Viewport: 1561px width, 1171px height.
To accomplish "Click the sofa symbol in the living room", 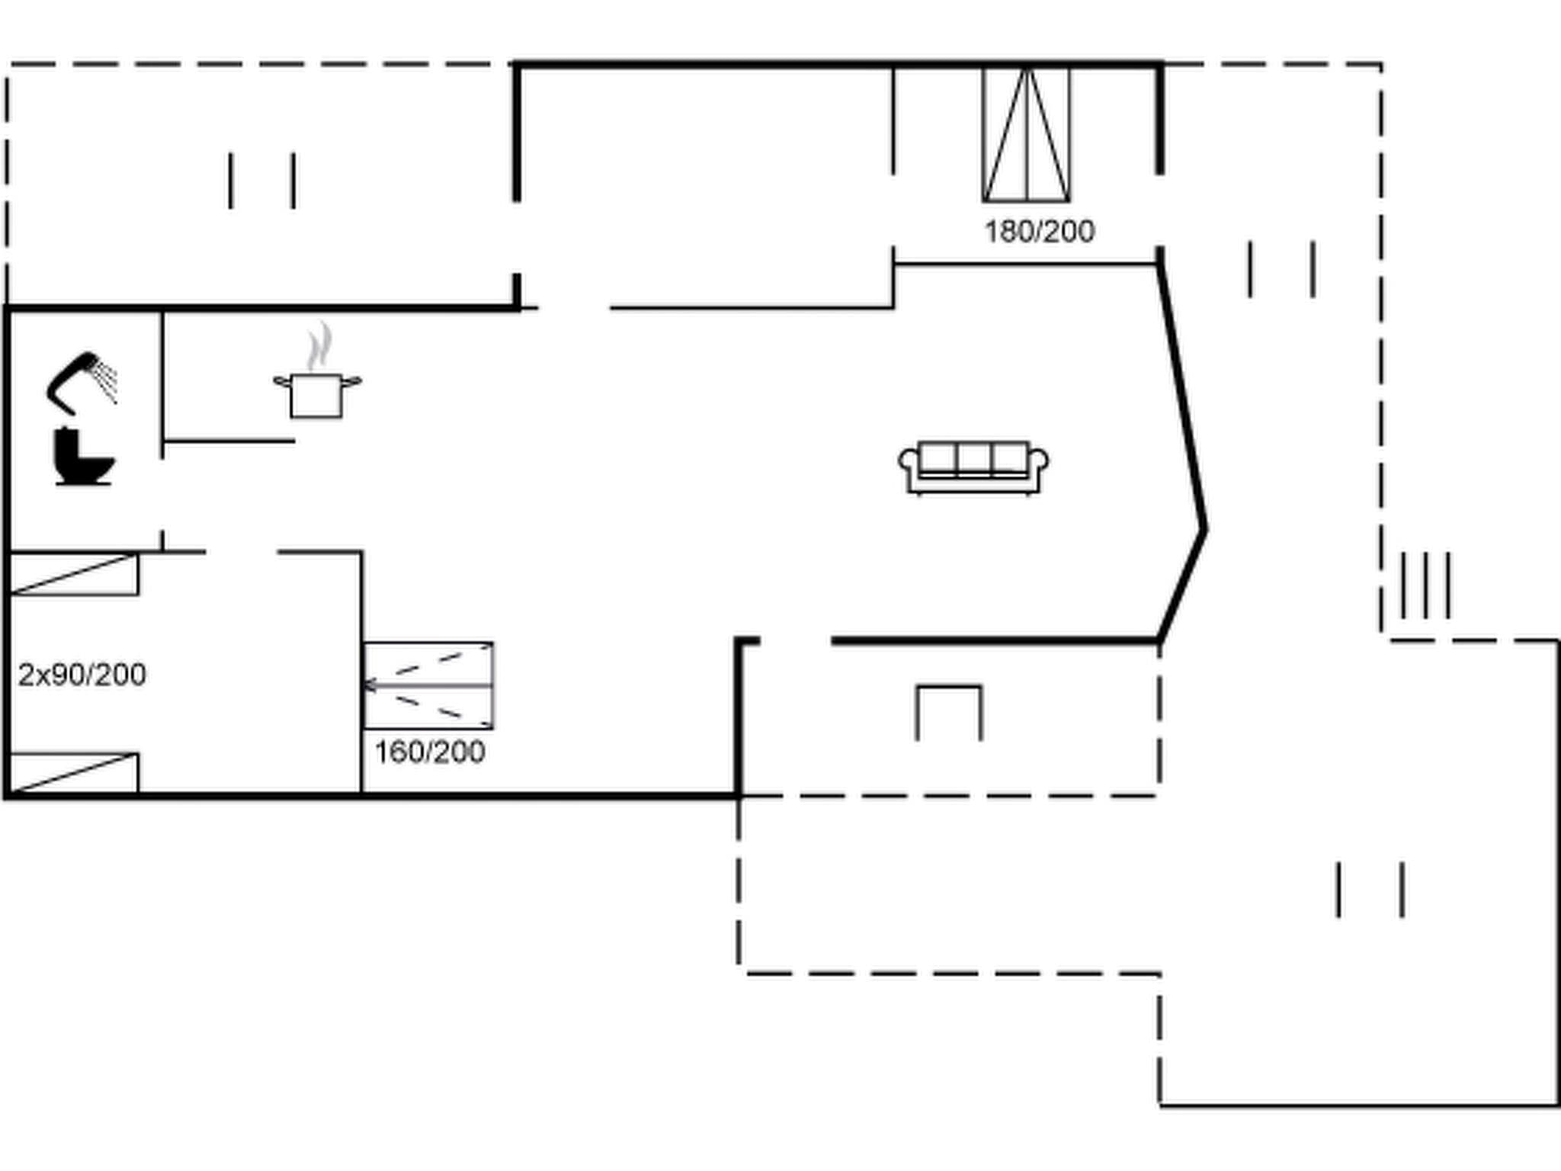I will pyautogui.click(x=973, y=467).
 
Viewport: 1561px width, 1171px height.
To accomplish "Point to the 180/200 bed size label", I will pyautogui.click(x=1039, y=232).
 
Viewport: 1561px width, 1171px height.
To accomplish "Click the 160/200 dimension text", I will pyautogui.click(x=429, y=752).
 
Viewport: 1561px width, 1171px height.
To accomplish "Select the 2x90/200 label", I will pyautogui.click(x=82, y=675).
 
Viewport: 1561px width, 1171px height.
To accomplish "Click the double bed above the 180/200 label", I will pyautogui.click(x=1026, y=135).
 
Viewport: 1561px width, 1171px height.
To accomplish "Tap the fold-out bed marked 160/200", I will pyautogui.click(x=428, y=685).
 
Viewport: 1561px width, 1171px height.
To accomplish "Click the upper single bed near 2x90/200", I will pyautogui.click(x=74, y=574).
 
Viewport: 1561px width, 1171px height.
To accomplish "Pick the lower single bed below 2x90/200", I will pyautogui.click(x=74, y=773).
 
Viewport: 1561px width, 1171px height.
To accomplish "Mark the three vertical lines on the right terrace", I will pyautogui.click(x=1425, y=585).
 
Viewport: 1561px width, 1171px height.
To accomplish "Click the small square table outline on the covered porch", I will pyautogui.click(x=949, y=711).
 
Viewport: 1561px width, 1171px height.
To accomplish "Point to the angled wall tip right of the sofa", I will pyautogui.click(x=1204, y=528).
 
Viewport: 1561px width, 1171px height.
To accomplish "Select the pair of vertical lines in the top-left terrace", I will pyautogui.click(x=262, y=181).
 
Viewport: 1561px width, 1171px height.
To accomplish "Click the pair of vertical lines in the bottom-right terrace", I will pyautogui.click(x=1370, y=890).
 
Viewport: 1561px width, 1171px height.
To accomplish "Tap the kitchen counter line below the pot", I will pyautogui.click(x=229, y=441).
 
